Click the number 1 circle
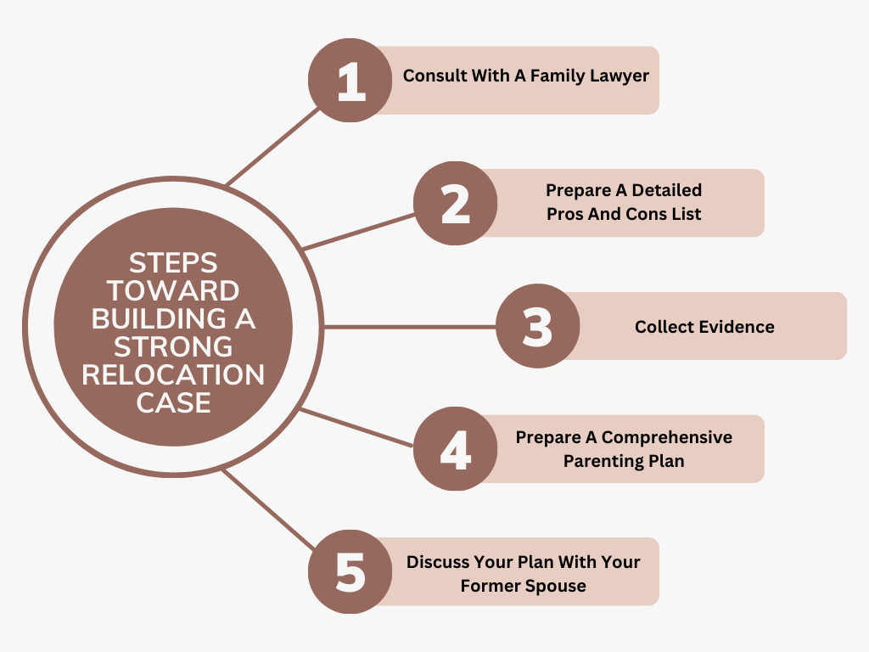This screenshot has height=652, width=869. tap(350, 81)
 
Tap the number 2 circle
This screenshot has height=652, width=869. tap(456, 204)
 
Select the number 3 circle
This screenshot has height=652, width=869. tap(537, 326)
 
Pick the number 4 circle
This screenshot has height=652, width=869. tap(456, 449)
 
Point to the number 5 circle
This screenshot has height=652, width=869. tap(350, 571)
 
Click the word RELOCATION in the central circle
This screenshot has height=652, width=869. tap(173, 374)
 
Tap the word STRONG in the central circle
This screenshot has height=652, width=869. tap(173, 346)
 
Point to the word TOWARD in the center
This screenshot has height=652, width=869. tap(173, 291)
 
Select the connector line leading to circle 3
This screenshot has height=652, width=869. tap(407, 326)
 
